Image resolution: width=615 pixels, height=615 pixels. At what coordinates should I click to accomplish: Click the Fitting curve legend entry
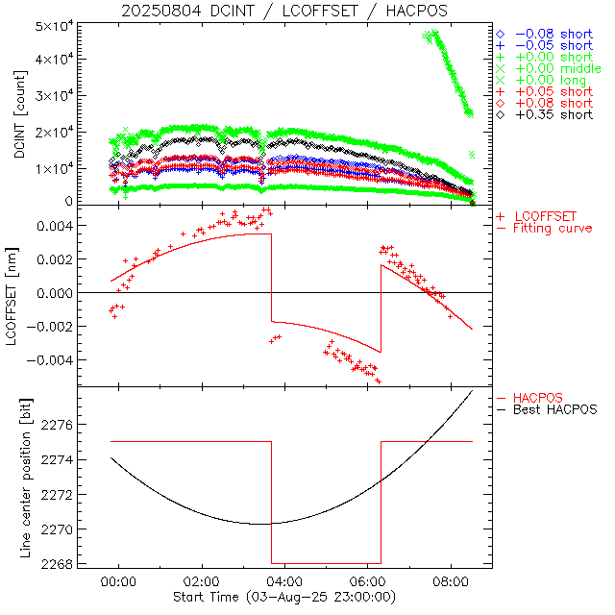553,228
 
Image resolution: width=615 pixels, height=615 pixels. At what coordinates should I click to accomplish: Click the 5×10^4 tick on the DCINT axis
59,24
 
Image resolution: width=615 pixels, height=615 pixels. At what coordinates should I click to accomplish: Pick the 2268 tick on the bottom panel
61,564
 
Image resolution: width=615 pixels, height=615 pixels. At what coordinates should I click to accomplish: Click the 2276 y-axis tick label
61,425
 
